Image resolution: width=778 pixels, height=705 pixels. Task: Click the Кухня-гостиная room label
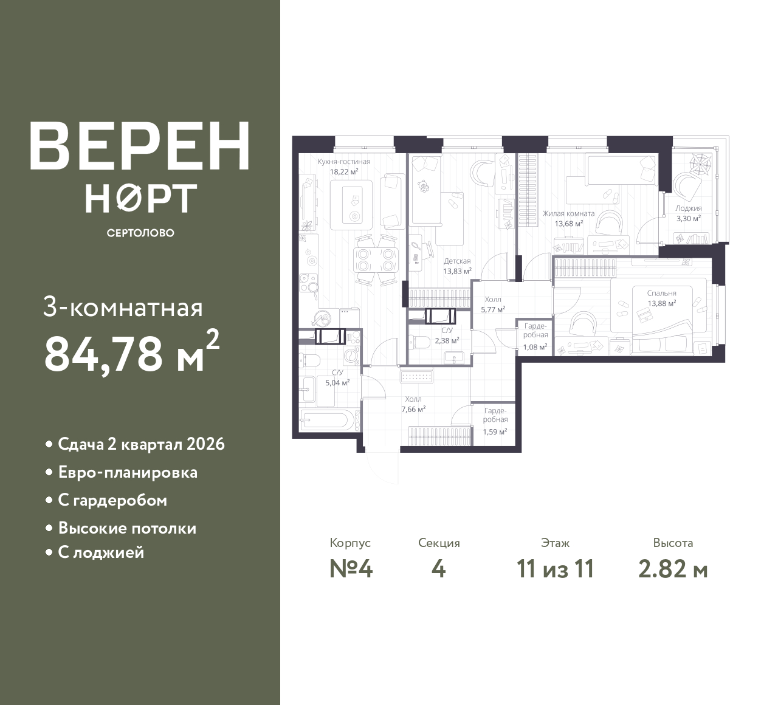(344, 162)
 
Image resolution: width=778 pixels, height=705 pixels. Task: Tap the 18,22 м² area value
(344, 171)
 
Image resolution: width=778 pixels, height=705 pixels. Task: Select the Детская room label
(457, 261)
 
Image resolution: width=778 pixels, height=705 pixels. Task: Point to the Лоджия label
(689, 208)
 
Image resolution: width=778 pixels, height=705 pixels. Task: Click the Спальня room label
(662, 293)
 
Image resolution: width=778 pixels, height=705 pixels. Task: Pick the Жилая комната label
(568, 214)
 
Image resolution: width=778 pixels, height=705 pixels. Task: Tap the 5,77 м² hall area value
(493, 309)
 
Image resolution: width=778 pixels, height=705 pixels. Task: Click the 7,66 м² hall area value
(413, 409)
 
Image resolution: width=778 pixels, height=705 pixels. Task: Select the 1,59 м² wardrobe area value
(495, 432)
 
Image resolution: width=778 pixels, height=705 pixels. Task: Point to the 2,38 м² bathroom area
(447, 340)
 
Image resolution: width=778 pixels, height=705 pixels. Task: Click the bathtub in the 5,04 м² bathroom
(328, 421)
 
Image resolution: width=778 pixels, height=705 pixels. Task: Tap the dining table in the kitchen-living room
(376, 260)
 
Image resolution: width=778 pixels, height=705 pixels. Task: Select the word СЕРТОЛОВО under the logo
(140, 233)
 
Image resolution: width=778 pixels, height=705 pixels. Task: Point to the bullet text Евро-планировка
(128, 472)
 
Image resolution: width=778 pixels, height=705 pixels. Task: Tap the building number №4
(351, 569)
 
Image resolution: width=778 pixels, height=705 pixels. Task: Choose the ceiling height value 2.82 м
(673, 569)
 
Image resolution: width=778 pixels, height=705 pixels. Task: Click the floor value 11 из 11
(556, 569)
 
